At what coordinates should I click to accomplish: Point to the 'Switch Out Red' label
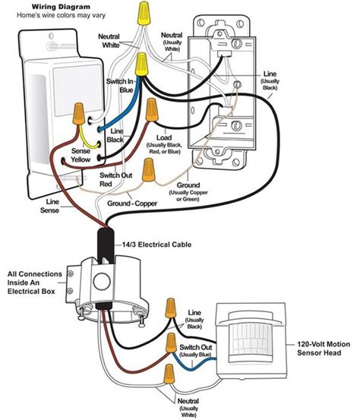[x=116, y=180]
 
